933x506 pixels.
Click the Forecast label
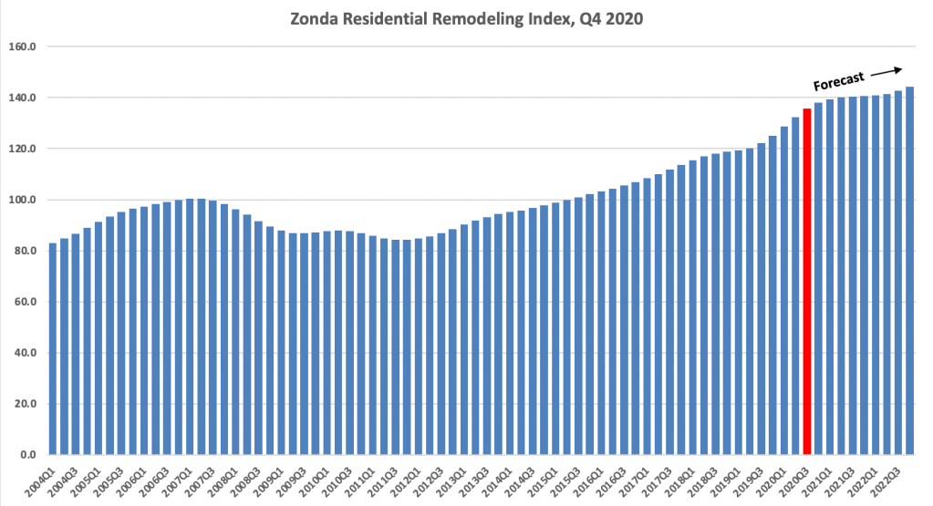(x=838, y=81)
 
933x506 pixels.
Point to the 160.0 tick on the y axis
(x=22, y=46)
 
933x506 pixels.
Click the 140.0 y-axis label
(x=22, y=98)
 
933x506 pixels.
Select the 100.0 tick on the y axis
(x=22, y=200)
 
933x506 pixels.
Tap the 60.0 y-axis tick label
(x=24, y=302)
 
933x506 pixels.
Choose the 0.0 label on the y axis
(x=26, y=455)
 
